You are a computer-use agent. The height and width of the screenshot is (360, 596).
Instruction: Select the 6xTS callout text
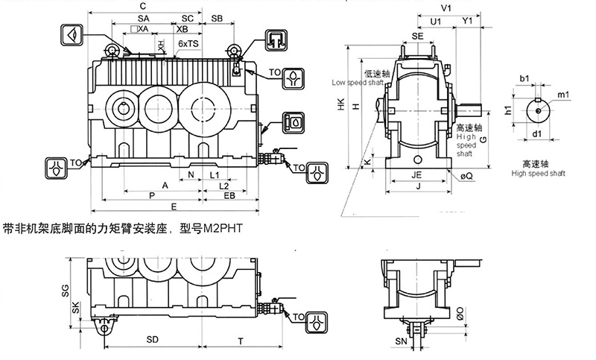pos(188,45)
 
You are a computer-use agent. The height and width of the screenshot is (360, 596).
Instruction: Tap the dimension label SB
pos(218,17)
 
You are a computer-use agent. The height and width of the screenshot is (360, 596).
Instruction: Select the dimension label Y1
pos(467,22)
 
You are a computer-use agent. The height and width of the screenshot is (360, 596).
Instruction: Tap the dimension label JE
pos(417,176)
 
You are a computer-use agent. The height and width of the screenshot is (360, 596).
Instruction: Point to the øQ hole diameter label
pos(467,176)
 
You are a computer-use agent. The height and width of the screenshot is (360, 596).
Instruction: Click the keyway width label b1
pos(524,78)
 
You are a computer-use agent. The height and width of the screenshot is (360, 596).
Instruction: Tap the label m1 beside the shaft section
pos(564,95)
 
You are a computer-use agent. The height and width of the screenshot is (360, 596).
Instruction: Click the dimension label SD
pos(152,340)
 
